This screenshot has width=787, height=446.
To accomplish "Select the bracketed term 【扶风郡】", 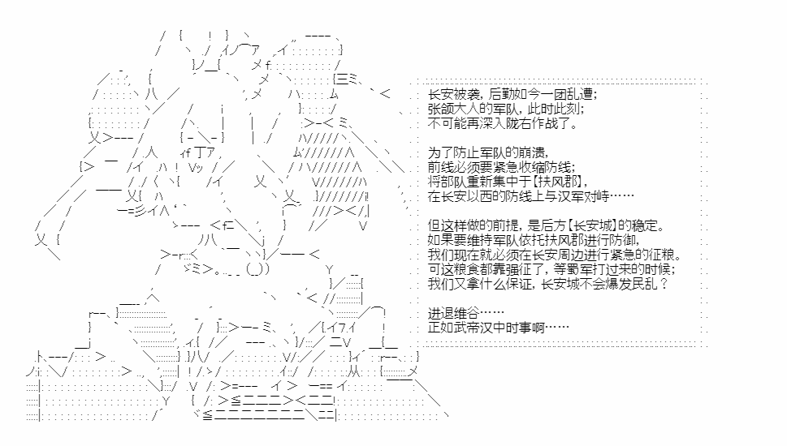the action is point(557,182).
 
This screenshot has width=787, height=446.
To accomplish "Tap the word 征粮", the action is point(661,255).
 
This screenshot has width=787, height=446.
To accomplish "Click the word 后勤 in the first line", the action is point(501,94).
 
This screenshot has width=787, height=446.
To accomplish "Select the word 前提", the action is point(492,225).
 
